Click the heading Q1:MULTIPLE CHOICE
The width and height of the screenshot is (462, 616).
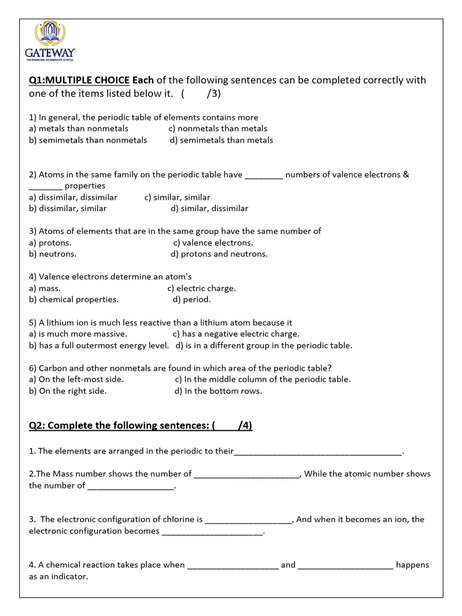pos(79,81)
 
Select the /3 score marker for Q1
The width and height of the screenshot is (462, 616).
pos(214,93)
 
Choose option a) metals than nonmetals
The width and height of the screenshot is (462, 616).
pos(79,129)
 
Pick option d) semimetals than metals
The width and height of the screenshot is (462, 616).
pos(221,140)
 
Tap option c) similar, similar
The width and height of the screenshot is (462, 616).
pos(177,197)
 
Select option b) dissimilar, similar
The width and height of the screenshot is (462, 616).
pos(68,209)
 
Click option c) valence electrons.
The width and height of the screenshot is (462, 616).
pos(213,243)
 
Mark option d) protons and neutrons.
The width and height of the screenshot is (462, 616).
pos(219,254)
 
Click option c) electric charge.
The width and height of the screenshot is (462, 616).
pos(202,288)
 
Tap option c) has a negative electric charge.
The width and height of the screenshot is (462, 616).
pos(236,334)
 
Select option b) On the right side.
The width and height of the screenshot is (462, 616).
pos(68,391)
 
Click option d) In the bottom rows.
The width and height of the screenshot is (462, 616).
pos(218,391)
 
